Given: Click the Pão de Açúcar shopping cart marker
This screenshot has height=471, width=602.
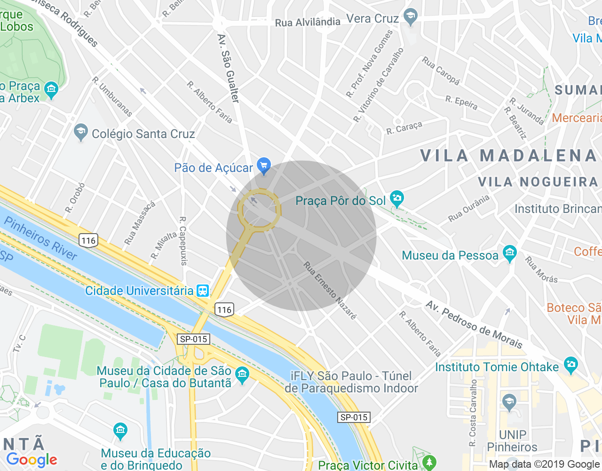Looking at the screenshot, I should (x=263, y=165).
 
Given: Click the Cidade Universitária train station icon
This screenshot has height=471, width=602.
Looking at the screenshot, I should (x=203, y=290).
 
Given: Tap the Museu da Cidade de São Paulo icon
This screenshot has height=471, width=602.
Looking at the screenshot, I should (x=242, y=375).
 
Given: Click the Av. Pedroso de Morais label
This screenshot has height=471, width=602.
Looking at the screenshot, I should (x=474, y=325).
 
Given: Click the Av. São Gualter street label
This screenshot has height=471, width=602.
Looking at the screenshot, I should (x=229, y=68).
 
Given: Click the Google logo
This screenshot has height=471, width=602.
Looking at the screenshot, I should (x=32, y=460).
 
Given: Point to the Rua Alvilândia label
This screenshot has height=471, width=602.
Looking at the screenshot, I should (x=308, y=22).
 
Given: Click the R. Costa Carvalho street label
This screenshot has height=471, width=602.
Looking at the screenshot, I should (x=473, y=413).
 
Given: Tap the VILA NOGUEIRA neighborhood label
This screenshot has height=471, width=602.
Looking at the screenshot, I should (x=538, y=182).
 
